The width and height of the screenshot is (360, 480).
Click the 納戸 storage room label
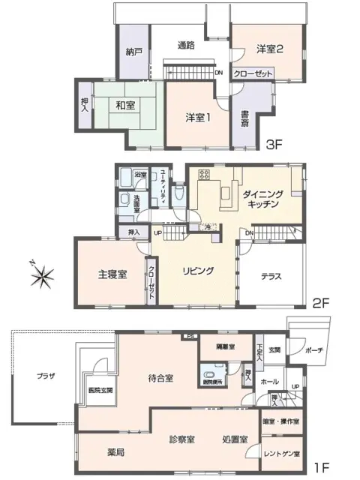click(133, 52)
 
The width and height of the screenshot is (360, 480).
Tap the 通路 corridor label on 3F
click(186, 45)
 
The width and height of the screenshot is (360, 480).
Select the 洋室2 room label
click(269, 49)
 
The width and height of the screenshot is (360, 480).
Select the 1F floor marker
click(321, 469)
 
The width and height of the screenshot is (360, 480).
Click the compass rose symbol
click(43, 275)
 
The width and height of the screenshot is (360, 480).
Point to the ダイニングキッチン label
click(262, 199)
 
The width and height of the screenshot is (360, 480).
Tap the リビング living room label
click(199, 271)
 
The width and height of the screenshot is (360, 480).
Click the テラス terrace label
click(271, 276)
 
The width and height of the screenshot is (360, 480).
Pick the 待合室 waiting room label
click(160, 379)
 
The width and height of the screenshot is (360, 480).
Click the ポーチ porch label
click(315, 349)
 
